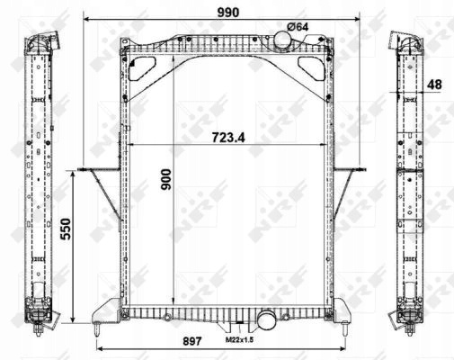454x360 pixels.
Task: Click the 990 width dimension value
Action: click(x=228, y=13)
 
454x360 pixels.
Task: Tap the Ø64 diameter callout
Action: click(x=298, y=27)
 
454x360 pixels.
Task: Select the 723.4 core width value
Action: click(x=228, y=138)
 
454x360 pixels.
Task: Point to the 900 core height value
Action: click(x=166, y=179)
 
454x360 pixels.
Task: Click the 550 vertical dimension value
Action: click(x=66, y=229)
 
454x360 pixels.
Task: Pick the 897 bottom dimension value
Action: click(x=192, y=341)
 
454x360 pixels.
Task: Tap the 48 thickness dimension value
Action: click(x=434, y=85)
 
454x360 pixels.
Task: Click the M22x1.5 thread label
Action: click(x=239, y=340)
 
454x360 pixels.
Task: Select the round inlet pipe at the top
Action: click(x=282, y=40)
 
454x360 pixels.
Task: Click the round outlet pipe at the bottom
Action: click(x=266, y=319)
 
